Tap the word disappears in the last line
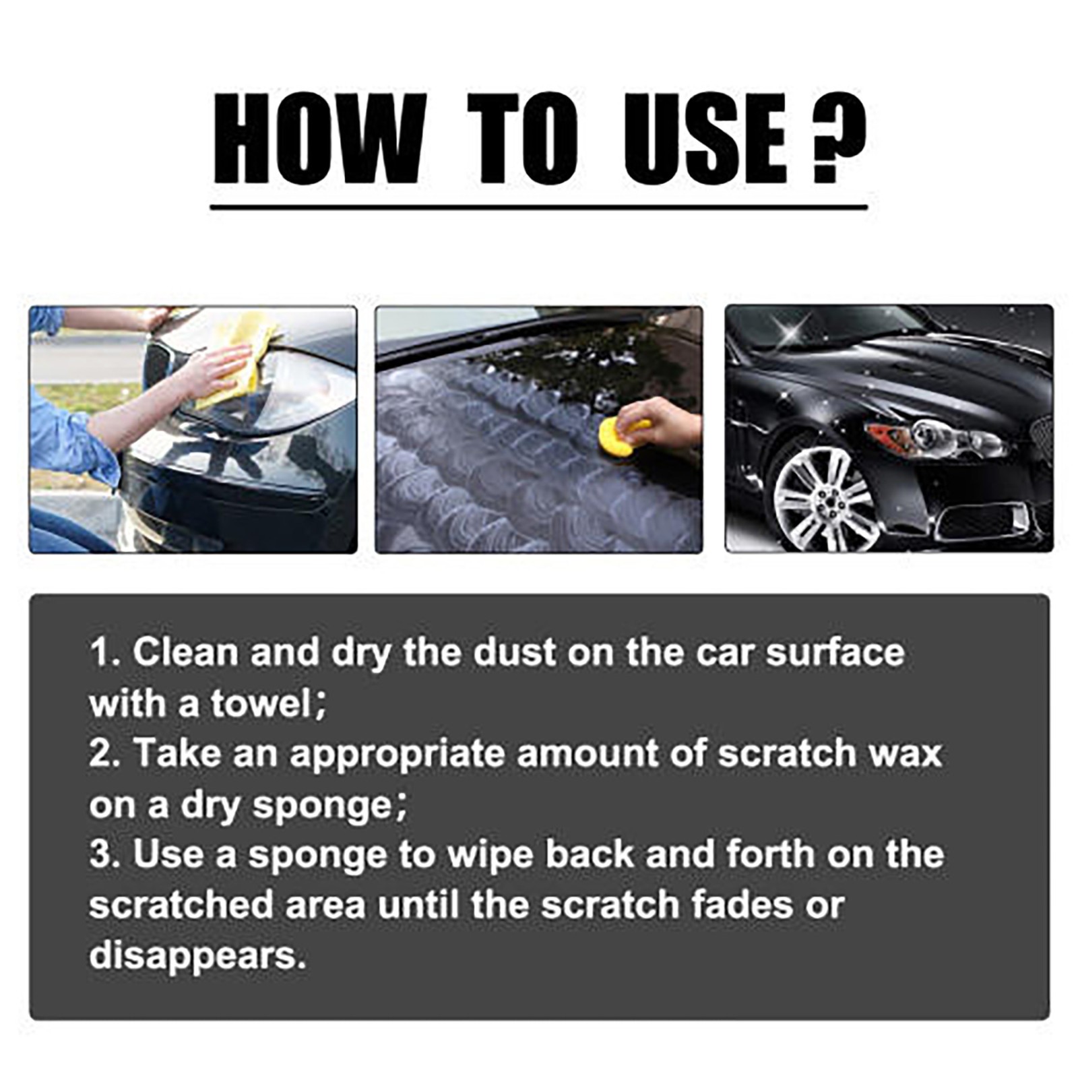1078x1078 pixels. tap(197, 955)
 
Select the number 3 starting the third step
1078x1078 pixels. tap(98, 854)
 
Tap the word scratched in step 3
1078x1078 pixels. tap(181, 905)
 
